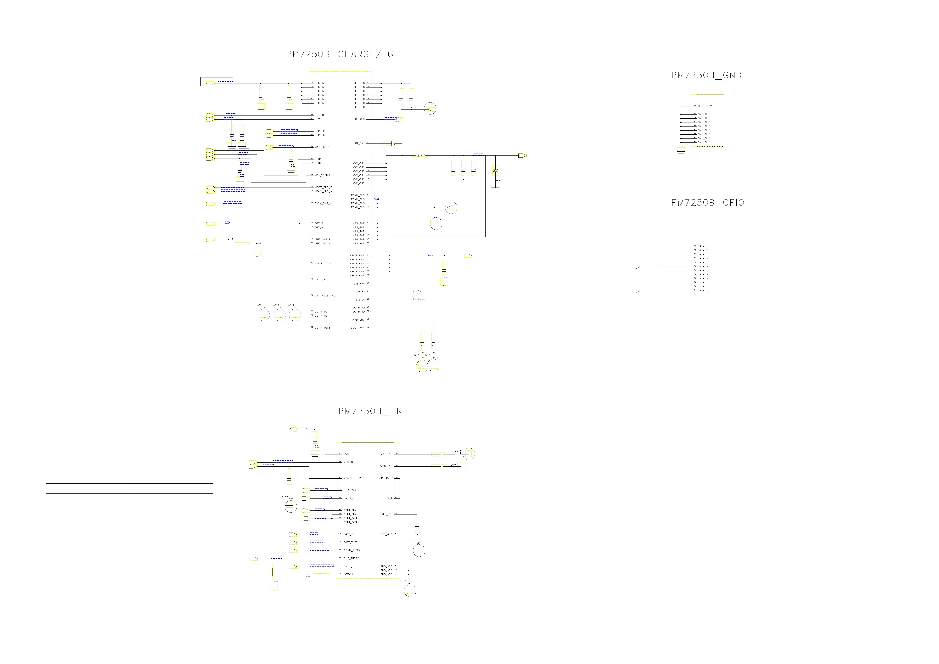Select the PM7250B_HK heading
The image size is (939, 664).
(370, 411)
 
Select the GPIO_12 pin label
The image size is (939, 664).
(703, 291)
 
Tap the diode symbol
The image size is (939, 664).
(495, 170)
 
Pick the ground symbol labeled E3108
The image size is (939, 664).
(410, 590)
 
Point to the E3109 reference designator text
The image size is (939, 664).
(285, 496)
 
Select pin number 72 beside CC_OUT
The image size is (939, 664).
(368, 119)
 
